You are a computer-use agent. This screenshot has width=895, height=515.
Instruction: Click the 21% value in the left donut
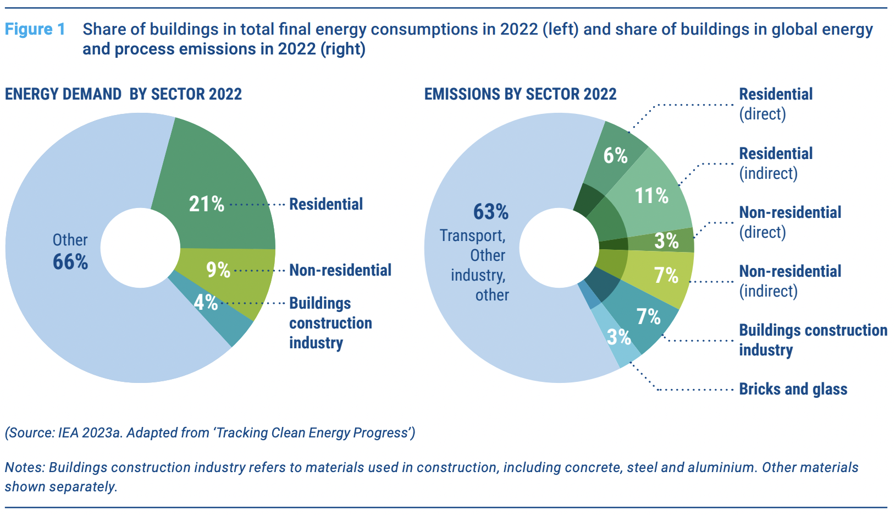pos(207,204)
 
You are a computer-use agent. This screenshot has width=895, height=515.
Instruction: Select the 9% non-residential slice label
pos(218,270)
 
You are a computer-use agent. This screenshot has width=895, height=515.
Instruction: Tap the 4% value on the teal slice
pos(206,302)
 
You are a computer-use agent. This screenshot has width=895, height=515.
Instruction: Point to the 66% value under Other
pos(70,262)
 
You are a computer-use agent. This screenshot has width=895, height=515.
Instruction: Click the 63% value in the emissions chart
pos(491,212)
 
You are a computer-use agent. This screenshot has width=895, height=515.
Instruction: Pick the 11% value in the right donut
pos(651,196)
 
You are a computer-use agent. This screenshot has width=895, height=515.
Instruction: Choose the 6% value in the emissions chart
pos(615,156)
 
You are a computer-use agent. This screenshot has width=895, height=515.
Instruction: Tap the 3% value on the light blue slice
pos(618,337)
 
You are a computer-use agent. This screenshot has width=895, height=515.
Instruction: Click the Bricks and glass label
pos(793,389)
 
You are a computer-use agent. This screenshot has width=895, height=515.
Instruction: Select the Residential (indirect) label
pos(776,163)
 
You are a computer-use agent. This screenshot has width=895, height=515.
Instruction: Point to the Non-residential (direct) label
pos(790,222)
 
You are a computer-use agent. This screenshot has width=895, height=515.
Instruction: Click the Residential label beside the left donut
pos(326,204)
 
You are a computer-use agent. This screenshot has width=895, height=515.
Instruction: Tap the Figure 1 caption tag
pos(35,29)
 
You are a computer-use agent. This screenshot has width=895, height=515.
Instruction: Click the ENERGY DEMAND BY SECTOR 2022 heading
pos(123,94)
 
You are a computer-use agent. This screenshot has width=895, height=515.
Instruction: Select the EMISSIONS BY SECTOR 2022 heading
pos(520,94)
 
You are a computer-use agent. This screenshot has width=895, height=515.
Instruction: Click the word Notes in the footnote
pos(25,467)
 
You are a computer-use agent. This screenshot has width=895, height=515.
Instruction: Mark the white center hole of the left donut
pos(140,248)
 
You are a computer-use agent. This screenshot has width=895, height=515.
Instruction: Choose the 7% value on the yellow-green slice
pos(666,275)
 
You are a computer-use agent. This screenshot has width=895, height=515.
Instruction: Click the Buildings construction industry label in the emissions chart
pos(813,340)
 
